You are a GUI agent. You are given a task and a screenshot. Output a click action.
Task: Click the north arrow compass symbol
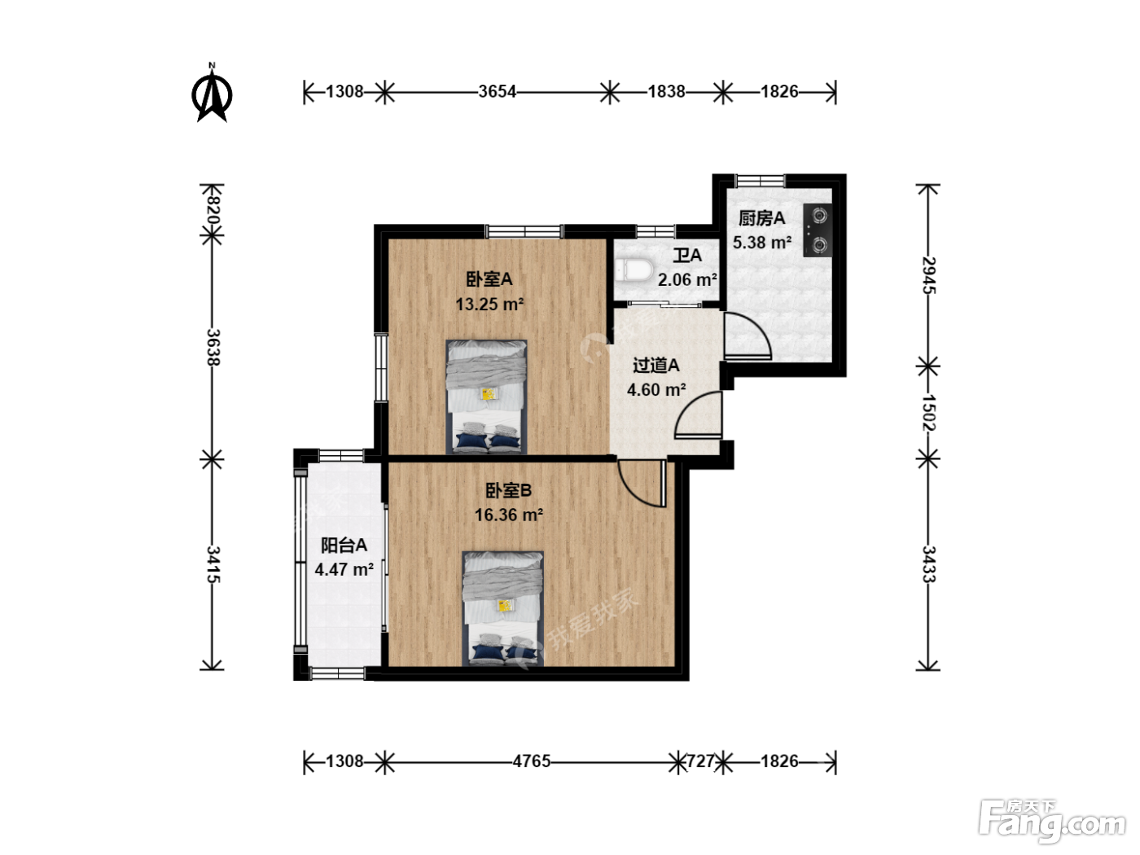click(x=212, y=94)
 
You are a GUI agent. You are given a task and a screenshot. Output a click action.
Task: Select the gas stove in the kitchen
click(x=818, y=230)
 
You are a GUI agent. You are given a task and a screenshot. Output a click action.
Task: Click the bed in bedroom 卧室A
click(x=487, y=397)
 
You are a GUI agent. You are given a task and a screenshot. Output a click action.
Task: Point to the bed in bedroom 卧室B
click(x=502, y=608)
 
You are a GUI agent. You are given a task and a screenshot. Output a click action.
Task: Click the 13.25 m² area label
click(x=489, y=305)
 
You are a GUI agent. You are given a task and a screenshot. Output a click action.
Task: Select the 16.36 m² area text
click(x=508, y=515)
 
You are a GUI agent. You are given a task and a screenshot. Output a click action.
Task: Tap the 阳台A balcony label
click(x=344, y=545)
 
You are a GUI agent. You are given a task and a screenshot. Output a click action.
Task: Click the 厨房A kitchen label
click(x=761, y=218)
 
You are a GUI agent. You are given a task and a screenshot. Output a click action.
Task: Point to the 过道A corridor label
click(x=656, y=366)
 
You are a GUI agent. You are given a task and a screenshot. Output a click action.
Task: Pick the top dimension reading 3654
click(x=497, y=92)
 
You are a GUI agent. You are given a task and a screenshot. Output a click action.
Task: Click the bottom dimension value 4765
click(x=531, y=761)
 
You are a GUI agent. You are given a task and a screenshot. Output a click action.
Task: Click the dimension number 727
click(x=700, y=761)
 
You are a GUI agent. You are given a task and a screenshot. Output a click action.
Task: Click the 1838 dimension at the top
click(x=666, y=92)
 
